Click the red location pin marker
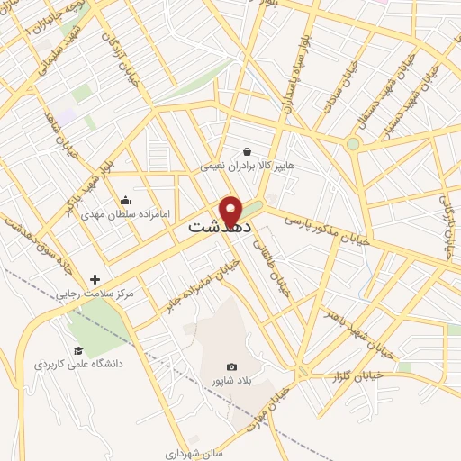(232, 210)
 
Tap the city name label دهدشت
(216, 229)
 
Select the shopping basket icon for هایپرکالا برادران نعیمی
(248, 152)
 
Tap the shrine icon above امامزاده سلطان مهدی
(125, 199)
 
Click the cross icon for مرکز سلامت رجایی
(95, 280)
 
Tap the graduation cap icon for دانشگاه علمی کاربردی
(78, 350)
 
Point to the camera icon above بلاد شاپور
(232, 366)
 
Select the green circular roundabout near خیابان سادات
(353, 143)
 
